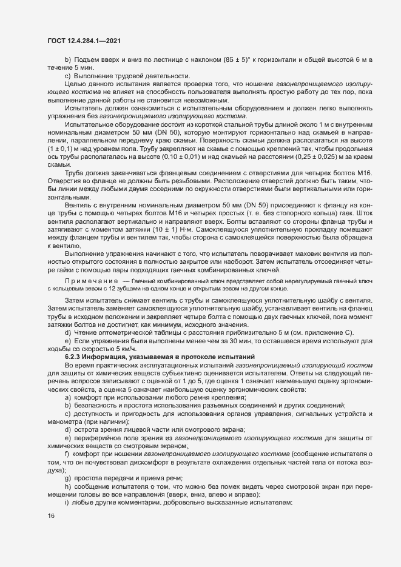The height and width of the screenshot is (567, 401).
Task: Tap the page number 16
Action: [51, 516]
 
